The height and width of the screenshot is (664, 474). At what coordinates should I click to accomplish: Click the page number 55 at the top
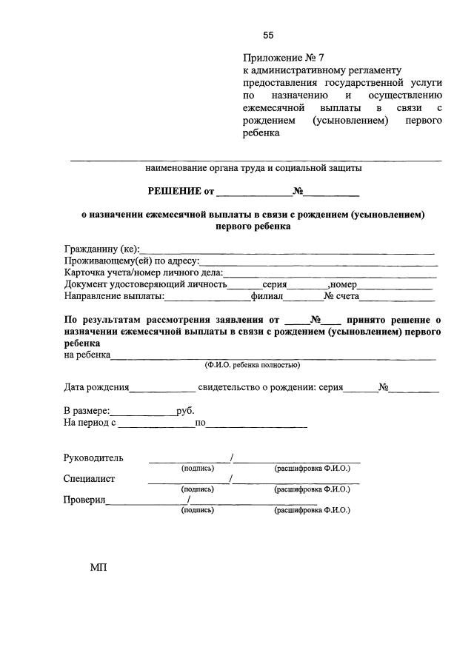point(268,36)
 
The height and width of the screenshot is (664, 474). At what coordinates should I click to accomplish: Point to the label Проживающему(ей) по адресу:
point(132,261)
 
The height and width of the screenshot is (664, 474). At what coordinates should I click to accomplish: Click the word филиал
point(267,297)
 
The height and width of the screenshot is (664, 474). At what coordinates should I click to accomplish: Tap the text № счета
point(341,297)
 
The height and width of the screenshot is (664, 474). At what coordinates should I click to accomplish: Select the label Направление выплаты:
point(114,297)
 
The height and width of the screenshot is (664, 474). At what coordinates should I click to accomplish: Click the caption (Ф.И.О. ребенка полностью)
point(253,365)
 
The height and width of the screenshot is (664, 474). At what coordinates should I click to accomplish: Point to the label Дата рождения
point(96,387)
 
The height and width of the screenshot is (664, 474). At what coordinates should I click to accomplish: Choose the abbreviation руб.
point(186,411)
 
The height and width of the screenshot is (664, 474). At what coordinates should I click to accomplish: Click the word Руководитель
point(93,458)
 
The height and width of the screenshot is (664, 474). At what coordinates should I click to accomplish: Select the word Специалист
point(89,478)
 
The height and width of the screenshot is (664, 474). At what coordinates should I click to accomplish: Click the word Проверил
point(85,499)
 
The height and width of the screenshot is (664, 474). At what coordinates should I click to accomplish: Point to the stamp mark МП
point(99,568)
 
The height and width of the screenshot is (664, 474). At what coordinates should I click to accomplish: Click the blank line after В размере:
point(144,412)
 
